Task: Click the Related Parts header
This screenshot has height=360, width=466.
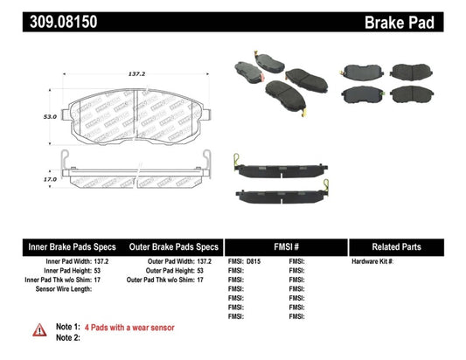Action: point(407,247)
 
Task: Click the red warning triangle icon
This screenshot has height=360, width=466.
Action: point(40,329)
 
